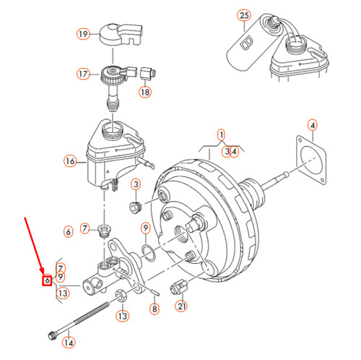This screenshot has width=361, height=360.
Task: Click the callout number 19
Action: tap(83, 33)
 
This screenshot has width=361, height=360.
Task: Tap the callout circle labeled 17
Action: tap(83, 73)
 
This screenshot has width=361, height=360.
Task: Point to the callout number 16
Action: tap(70, 161)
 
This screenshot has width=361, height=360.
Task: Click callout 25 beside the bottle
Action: tap(243, 15)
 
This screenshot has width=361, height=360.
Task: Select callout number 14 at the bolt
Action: tap(69, 343)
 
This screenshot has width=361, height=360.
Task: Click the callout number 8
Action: tap(153, 309)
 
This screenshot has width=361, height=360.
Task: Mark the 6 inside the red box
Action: tap(46, 278)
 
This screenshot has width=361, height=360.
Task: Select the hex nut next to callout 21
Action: tap(178, 287)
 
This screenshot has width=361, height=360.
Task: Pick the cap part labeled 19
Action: tap(119, 33)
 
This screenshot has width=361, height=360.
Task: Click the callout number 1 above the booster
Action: tap(222, 134)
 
